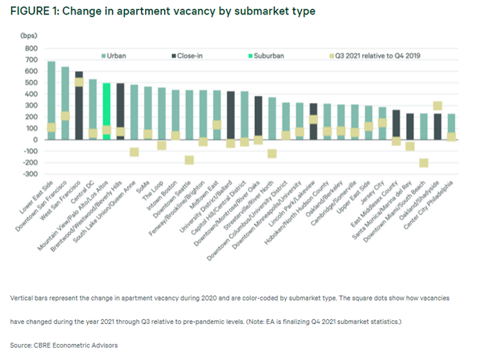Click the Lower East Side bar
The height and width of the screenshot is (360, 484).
click(x=51, y=97)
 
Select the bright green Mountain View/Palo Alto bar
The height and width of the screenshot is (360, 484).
click(x=106, y=111)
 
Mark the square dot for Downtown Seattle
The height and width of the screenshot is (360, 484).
click(x=189, y=160)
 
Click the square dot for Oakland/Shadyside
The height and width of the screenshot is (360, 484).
click(x=438, y=106)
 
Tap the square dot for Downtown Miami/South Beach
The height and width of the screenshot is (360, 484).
click(x=424, y=163)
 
